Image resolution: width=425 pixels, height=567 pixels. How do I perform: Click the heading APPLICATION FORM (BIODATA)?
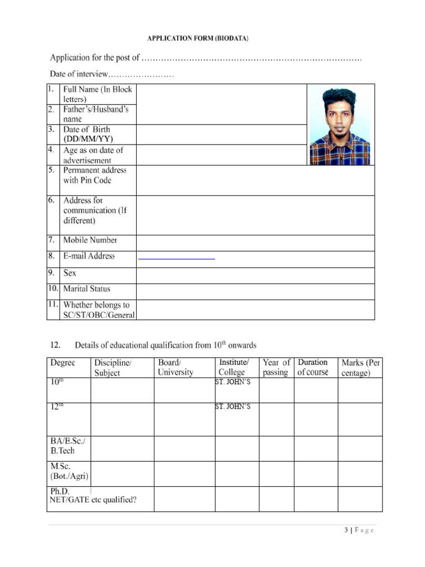point(198,38)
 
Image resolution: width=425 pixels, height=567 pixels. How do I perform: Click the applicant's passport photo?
point(339,125)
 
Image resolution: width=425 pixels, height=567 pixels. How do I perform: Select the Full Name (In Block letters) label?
point(97,94)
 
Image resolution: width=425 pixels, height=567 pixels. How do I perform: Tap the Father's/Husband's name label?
point(96,114)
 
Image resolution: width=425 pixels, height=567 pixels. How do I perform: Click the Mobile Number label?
point(90,240)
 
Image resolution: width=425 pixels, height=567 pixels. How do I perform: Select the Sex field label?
point(70,273)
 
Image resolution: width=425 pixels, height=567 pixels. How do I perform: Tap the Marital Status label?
point(87,288)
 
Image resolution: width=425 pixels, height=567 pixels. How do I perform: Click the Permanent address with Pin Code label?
point(95,175)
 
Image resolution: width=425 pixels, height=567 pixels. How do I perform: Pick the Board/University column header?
point(175,368)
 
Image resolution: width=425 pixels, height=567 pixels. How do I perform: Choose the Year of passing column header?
point(276,368)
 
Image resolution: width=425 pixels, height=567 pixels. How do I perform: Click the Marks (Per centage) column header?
point(360,368)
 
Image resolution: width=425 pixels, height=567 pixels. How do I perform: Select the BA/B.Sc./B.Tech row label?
point(69,446)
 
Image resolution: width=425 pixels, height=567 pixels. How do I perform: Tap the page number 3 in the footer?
point(346,530)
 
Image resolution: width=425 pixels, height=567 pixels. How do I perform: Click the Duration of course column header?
point(313,367)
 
